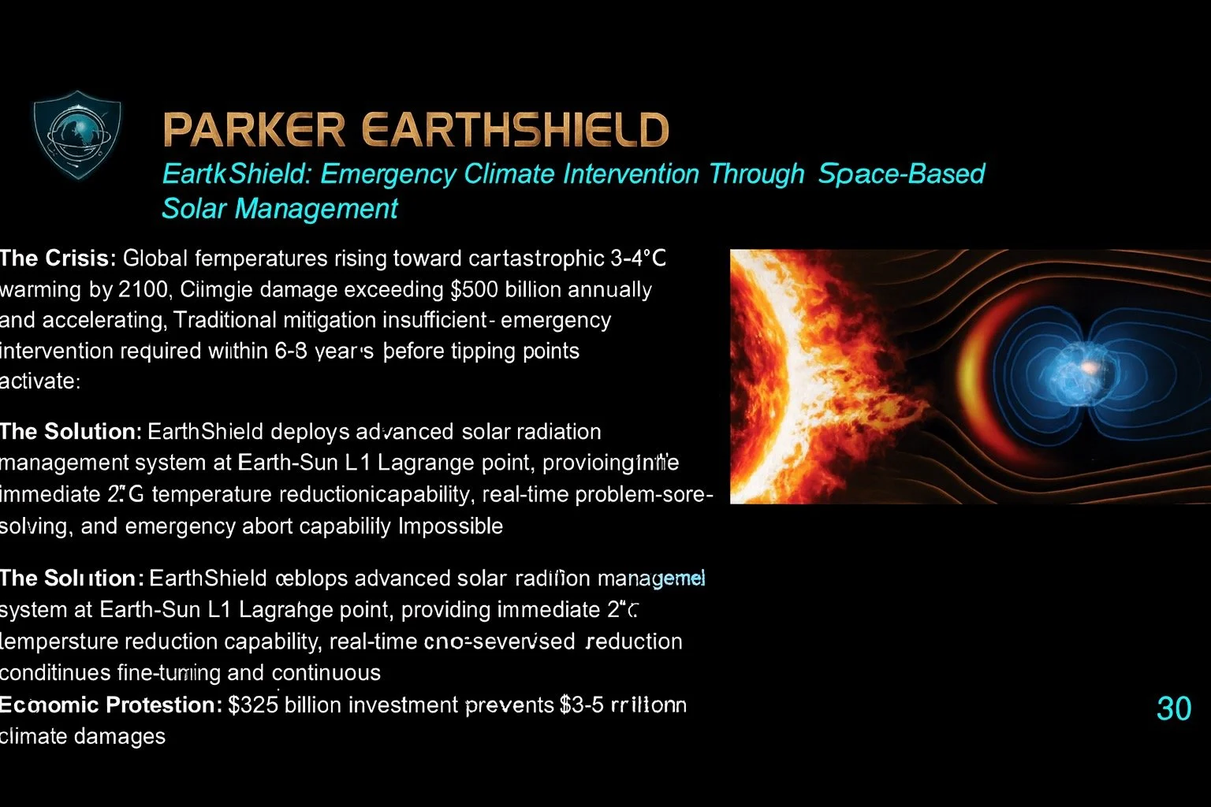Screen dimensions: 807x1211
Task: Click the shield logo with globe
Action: click(77, 136)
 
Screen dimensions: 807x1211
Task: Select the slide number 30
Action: click(1173, 708)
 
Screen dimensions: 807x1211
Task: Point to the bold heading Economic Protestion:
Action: click(110, 705)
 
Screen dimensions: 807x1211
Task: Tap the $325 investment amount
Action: click(253, 705)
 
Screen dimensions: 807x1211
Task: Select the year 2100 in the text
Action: click(142, 289)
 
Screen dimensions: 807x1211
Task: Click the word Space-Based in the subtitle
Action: click(901, 173)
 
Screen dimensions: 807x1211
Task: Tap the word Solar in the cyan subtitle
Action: click(195, 209)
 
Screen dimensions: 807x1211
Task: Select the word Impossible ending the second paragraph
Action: click(450, 526)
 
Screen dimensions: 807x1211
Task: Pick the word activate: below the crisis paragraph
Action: click(39, 381)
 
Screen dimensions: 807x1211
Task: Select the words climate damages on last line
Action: click(83, 736)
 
